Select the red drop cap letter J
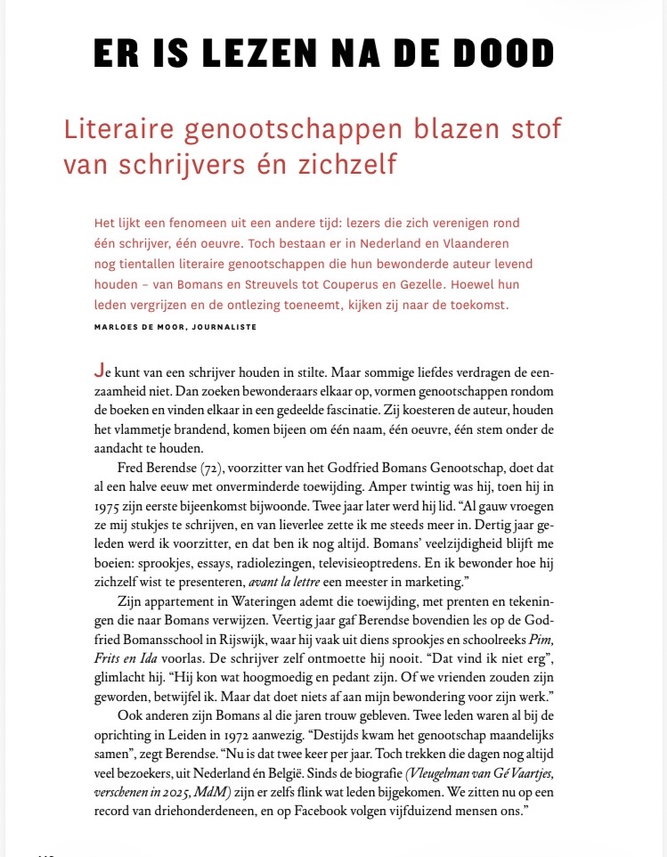(97, 371)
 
